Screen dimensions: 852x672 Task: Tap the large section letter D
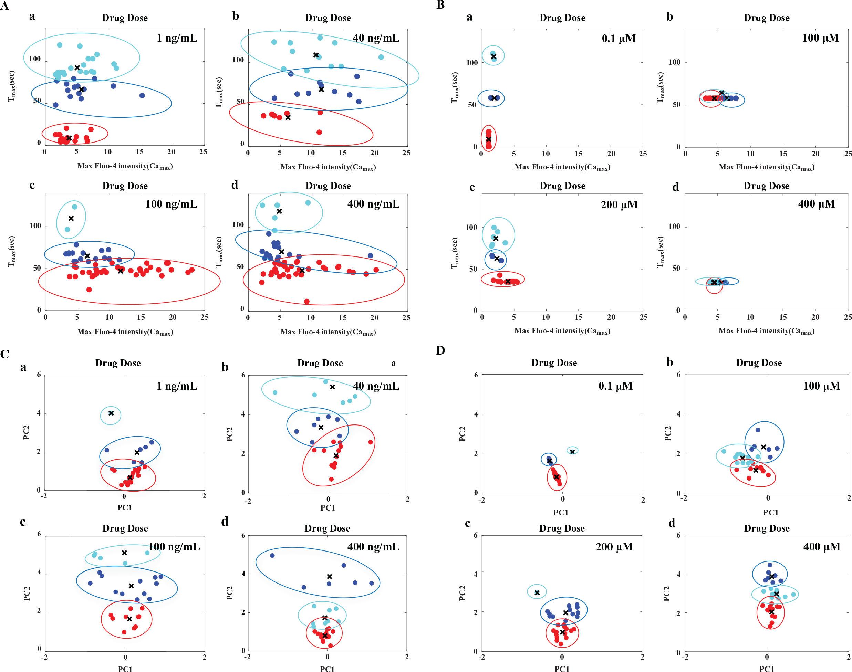pyautogui.click(x=440, y=350)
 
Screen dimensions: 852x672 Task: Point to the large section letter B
pyautogui.click(x=440, y=5)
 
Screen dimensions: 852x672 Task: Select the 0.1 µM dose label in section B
pyautogui.click(x=619, y=39)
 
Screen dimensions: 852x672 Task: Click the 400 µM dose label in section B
pyautogui.click(x=817, y=204)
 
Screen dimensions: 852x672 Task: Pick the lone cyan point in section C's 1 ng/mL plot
pyautogui.click(x=111, y=413)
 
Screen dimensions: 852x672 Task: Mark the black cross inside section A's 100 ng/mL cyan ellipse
pyautogui.click(x=71, y=218)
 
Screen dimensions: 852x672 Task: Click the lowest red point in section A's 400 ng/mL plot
pyautogui.click(x=307, y=301)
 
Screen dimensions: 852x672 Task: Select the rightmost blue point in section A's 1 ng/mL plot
pyautogui.click(x=142, y=96)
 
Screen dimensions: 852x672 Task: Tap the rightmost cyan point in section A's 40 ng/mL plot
pyautogui.click(x=381, y=57)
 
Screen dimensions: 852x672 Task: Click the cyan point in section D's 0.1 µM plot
pyautogui.click(x=572, y=451)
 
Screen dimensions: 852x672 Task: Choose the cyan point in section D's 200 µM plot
pyautogui.click(x=537, y=592)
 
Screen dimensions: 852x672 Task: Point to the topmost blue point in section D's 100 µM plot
pyautogui.click(x=758, y=430)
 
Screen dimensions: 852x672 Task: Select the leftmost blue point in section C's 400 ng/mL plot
pyautogui.click(x=272, y=556)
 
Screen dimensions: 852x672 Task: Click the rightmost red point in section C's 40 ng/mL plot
pyautogui.click(x=371, y=442)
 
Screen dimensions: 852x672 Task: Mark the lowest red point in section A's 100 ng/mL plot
pyautogui.click(x=89, y=290)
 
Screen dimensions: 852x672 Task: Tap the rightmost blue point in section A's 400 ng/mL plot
pyautogui.click(x=370, y=256)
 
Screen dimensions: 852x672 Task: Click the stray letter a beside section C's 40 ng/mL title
pyautogui.click(x=394, y=363)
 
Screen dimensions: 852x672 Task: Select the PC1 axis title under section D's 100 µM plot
pyautogui.click(x=770, y=512)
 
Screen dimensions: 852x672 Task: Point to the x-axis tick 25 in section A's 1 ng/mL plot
pyautogui.click(x=203, y=151)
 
